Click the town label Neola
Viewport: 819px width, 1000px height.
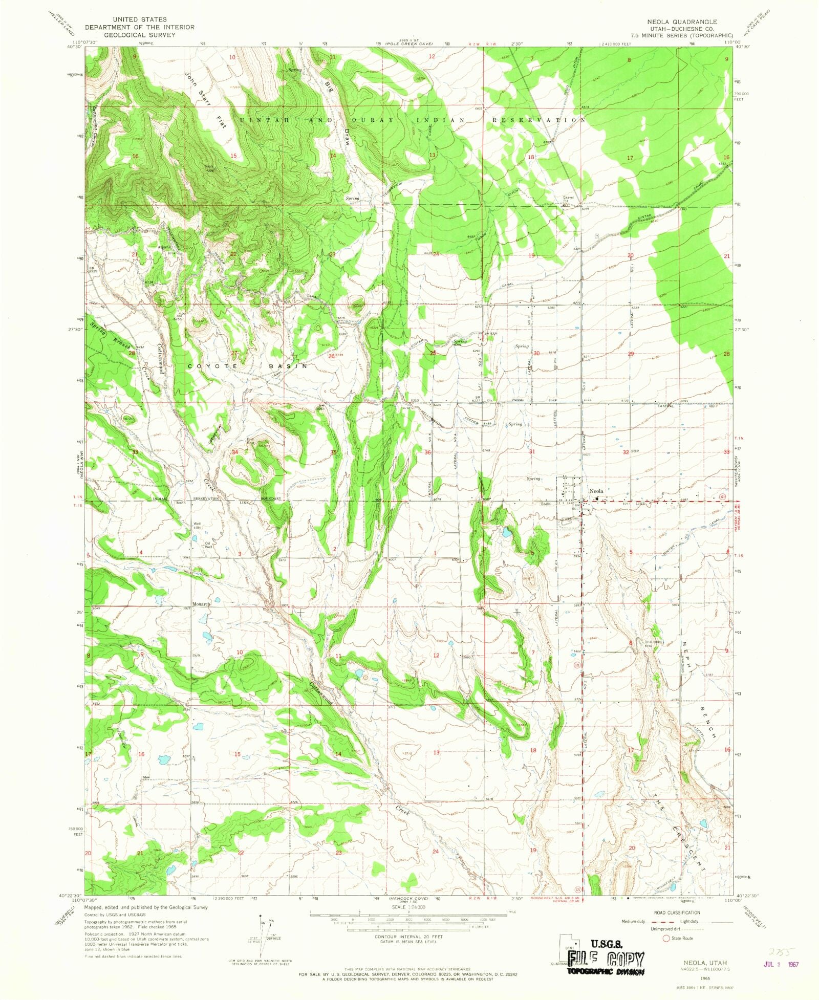coord(596,491)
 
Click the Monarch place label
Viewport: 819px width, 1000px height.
coord(201,604)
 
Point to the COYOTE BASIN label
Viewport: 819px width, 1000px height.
coord(248,366)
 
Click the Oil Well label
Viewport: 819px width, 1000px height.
coord(208,545)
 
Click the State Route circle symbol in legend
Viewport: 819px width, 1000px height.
coord(666,938)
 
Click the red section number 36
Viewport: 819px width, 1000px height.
coord(427,452)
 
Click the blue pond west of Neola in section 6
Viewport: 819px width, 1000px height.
coord(506,533)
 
